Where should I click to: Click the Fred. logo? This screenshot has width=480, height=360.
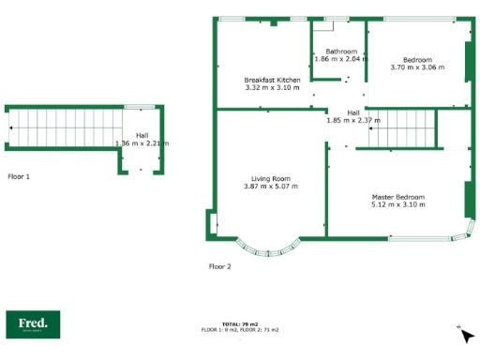(33, 324)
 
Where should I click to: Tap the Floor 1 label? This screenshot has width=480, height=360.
(19, 176)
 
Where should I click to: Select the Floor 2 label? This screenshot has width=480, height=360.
(219, 266)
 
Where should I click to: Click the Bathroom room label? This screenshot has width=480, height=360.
(341, 51)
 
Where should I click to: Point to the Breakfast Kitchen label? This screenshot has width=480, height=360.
(272, 80)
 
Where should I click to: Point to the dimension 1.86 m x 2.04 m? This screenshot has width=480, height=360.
(341, 58)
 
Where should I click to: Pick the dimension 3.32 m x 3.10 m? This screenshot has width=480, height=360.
(272, 87)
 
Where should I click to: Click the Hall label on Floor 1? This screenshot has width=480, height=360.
(142, 136)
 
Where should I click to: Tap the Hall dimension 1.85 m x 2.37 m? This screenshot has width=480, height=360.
(353, 120)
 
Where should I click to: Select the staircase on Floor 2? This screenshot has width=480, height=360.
(402, 127)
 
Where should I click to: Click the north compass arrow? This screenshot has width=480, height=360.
(466, 335)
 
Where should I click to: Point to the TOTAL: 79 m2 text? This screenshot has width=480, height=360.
(240, 324)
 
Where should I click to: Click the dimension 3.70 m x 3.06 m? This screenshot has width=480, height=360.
(417, 67)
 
